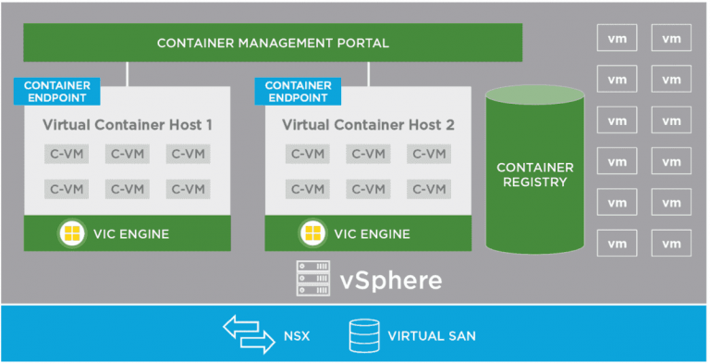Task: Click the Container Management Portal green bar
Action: click(273, 43)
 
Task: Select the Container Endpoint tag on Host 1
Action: click(55, 92)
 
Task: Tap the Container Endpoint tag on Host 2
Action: click(298, 92)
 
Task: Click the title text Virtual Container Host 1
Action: click(128, 124)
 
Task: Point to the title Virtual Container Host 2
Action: click(368, 124)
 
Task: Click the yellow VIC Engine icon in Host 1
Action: click(71, 233)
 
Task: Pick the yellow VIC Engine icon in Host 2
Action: click(312, 233)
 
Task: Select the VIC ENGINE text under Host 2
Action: click(373, 233)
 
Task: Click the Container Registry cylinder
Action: click(535, 171)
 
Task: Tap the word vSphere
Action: click(389, 279)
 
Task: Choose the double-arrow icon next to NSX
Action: click(249, 334)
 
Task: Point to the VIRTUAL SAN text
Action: click(432, 335)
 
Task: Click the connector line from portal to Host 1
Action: click(128, 73)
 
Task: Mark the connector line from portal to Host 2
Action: click(368, 73)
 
